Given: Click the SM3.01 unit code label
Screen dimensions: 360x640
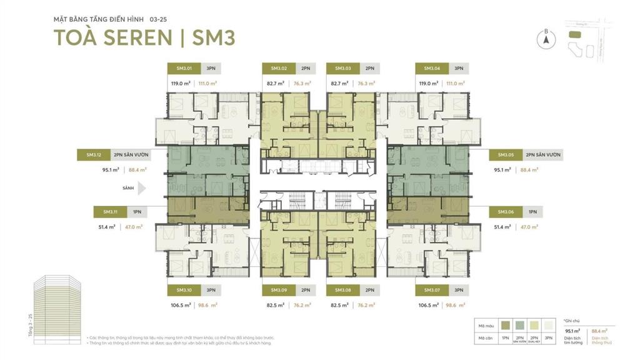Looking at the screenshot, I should click(183, 68).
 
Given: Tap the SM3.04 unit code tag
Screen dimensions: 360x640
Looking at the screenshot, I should click(432, 68).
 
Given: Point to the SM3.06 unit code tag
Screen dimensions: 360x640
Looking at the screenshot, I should click(505, 212).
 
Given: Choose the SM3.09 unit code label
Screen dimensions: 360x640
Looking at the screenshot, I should click(279, 290).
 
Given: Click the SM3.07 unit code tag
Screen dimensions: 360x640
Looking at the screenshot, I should click(432, 290).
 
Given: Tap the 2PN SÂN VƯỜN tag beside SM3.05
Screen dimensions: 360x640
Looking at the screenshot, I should click(542, 154).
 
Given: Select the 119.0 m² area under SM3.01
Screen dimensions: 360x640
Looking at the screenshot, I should click(181, 83).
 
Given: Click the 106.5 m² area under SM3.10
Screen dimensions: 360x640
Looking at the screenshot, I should click(181, 306).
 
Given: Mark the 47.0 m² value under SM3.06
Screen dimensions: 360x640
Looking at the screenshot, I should click(529, 227).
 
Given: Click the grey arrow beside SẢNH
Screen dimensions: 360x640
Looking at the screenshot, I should click(142, 187).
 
